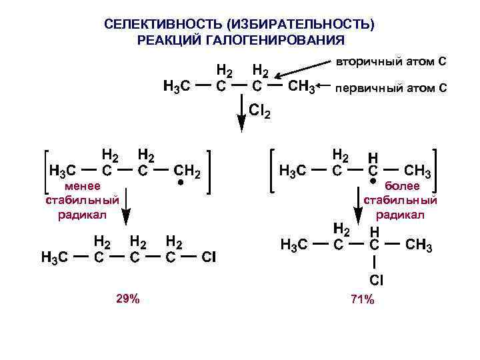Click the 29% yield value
[128, 299]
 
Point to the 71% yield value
[362, 299]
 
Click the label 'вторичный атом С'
[391, 62]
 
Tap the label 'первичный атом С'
[391, 88]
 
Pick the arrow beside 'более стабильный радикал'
[358, 203]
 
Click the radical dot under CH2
[179, 181]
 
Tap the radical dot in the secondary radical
[373, 181]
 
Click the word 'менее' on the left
[83, 186]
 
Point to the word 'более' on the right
[401, 187]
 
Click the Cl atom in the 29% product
[208, 257]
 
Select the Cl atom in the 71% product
[375, 281]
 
